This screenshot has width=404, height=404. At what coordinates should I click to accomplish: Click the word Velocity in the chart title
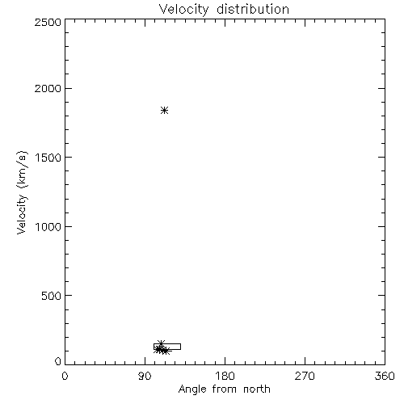click(184, 10)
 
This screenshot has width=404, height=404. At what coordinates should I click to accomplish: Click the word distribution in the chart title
click(253, 9)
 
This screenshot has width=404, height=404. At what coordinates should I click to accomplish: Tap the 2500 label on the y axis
click(48, 22)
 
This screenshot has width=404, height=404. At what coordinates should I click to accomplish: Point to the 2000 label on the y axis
click(48, 89)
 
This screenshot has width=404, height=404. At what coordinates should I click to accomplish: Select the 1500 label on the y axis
click(48, 158)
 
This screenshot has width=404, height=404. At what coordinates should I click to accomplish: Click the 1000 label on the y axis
click(48, 227)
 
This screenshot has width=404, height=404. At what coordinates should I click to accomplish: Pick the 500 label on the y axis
click(52, 296)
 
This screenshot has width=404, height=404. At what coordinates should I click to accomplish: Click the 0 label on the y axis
click(58, 361)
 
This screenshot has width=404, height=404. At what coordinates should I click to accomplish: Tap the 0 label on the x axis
click(65, 376)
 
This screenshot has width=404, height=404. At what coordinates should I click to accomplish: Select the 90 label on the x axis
click(145, 376)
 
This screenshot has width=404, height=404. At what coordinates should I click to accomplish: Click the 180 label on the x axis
click(225, 376)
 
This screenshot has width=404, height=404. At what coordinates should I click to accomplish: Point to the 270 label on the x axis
click(305, 376)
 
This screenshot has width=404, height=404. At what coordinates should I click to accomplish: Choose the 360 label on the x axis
click(385, 376)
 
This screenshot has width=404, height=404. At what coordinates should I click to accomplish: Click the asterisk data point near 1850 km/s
click(165, 110)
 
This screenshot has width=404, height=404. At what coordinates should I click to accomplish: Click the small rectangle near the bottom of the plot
click(167, 343)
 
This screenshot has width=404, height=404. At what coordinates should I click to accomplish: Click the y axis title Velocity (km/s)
click(22, 192)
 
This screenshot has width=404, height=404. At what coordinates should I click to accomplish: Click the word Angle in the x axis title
click(193, 389)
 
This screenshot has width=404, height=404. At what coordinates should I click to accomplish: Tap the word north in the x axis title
click(257, 389)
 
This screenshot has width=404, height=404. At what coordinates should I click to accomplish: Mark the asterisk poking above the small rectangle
click(161, 343)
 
